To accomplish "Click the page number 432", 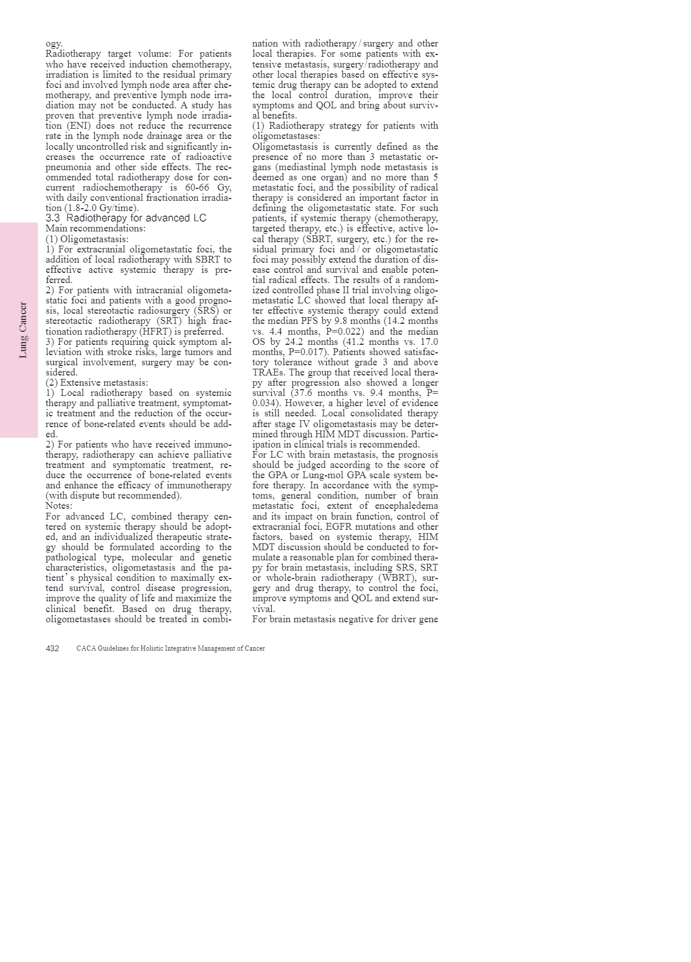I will coord(52,648).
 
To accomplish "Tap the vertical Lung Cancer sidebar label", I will coord(23,330).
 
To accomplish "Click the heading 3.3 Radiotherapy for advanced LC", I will coord(126,218).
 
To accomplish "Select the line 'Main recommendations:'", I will coord(95,229).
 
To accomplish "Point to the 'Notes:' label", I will coord(59,506).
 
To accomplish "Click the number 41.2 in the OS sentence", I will coord(359,342).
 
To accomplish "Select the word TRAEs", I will coord(268,373).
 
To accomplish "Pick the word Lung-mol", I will coord(326,475).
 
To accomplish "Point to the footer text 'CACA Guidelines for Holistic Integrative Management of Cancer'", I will coord(170,648).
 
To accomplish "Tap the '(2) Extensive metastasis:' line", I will coord(96,383).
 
